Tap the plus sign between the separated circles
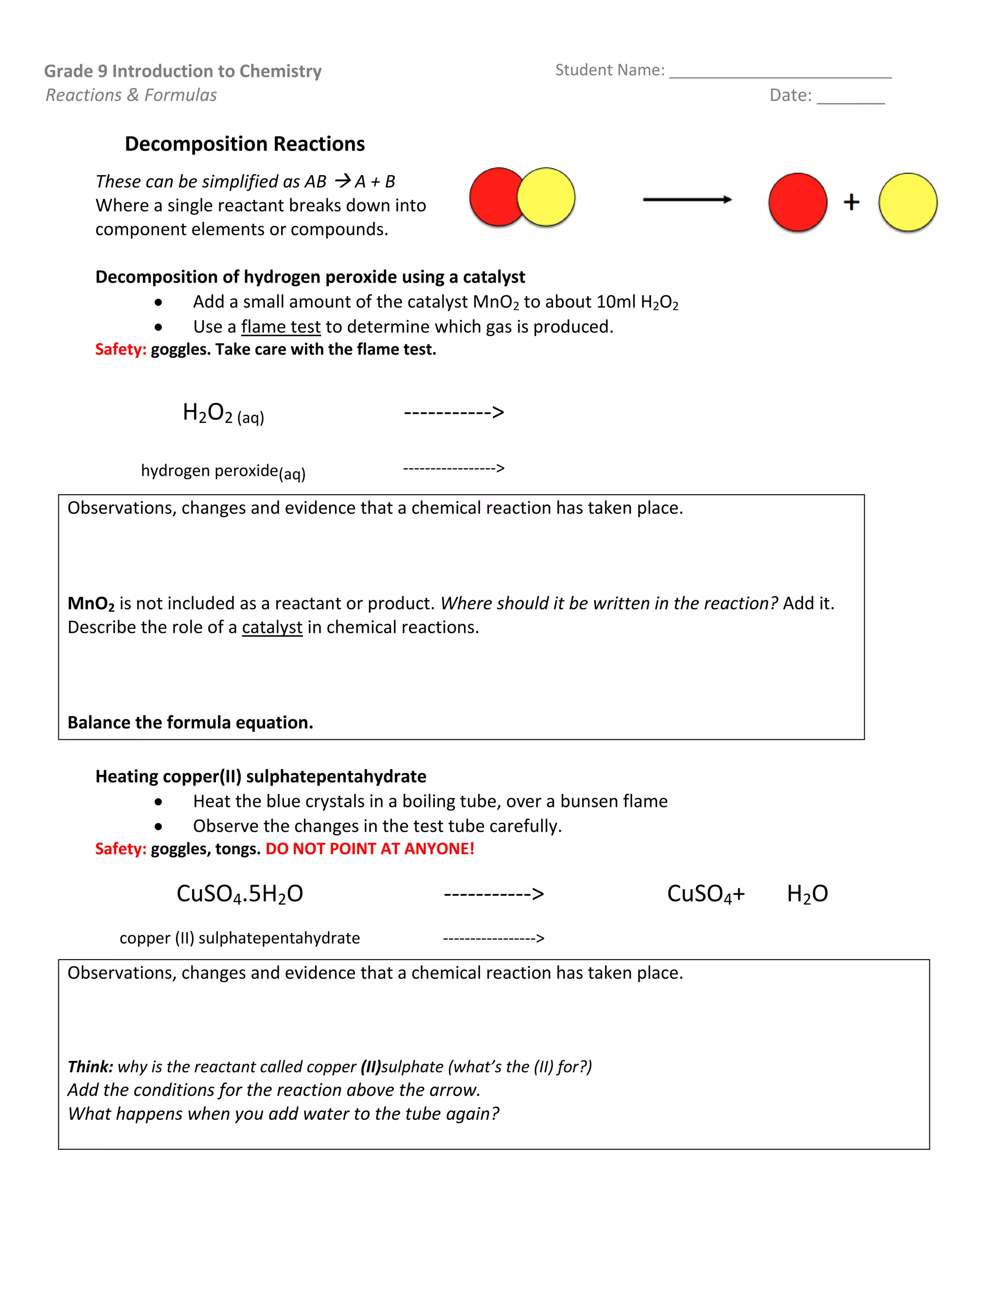[851, 202]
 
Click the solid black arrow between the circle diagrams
[687, 199]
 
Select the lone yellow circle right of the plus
[907, 202]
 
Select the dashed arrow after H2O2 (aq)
[454, 412]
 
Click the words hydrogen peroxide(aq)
[223, 471]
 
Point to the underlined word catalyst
[271, 627]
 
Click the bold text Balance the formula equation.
[190, 722]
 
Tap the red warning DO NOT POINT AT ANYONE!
[370, 849]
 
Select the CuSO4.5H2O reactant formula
[240, 894]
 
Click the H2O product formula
[807, 894]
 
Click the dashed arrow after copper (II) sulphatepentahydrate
[493, 938]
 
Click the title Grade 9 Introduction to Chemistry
[183, 72]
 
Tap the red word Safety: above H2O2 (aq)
[121, 349]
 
